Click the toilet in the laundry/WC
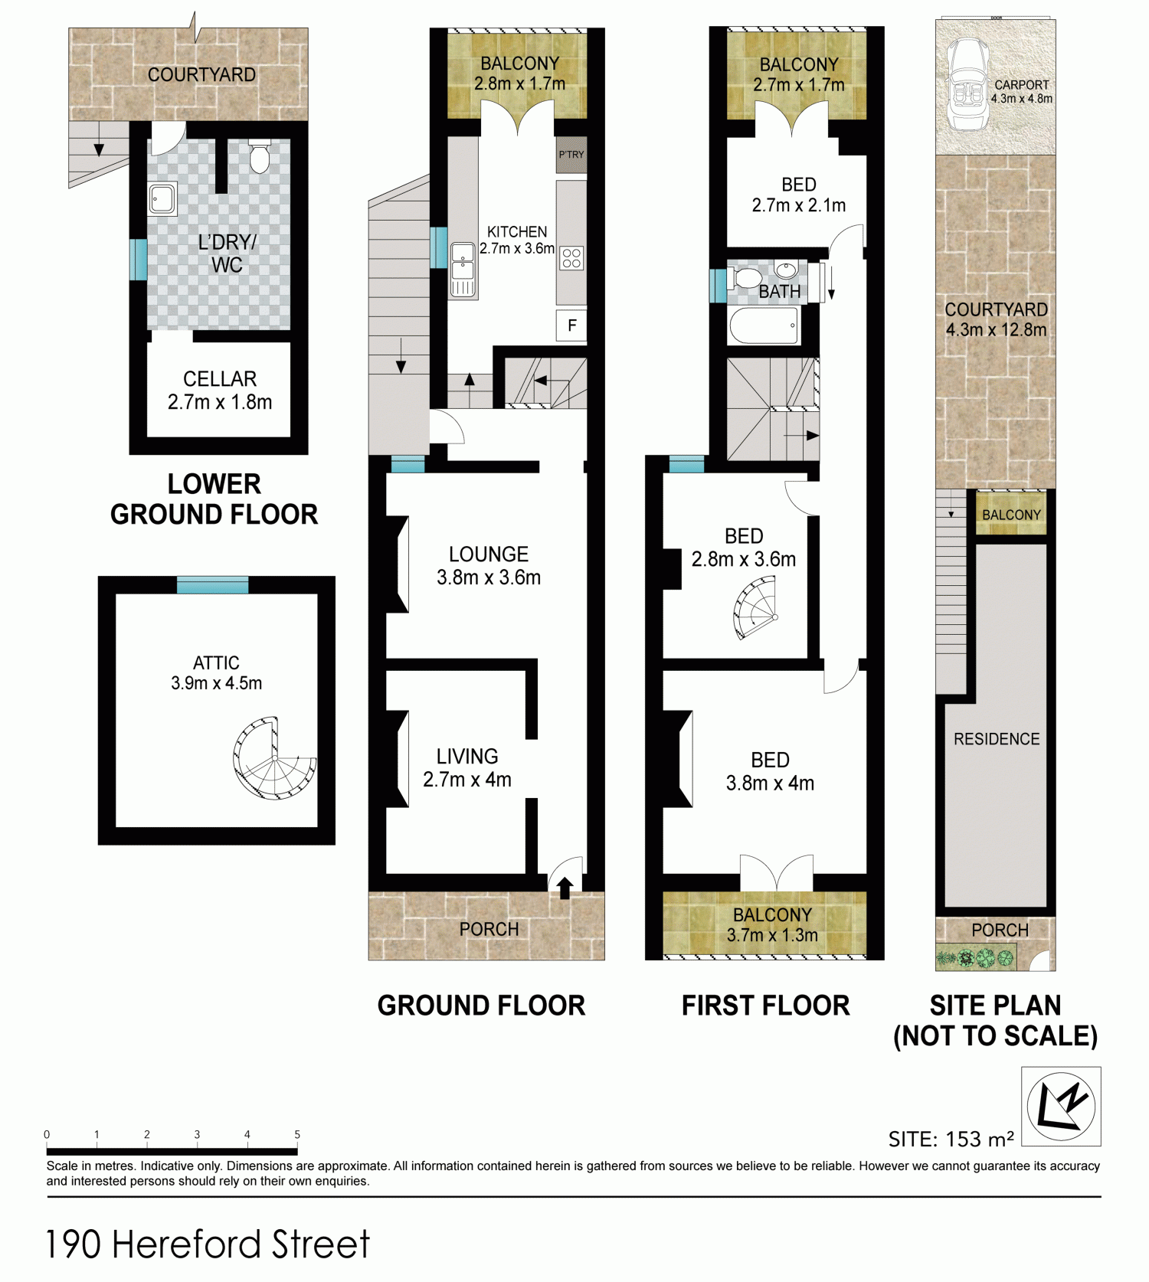click(x=260, y=156)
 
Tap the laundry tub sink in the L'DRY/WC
click(x=162, y=199)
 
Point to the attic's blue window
click(x=212, y=585)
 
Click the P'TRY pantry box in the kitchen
click(x=571, y=155)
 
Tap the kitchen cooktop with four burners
click(x=571, y=258)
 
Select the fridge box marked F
click(x=571, y=325)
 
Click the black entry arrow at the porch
click(x=565, y=888)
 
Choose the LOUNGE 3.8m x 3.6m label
click(x=489, y=566)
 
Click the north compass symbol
click(x=1061, y=1106)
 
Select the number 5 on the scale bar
click(x=297, y=1134)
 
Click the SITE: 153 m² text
click(x=951, y=1139)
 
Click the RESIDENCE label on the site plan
click(x=997, y=739)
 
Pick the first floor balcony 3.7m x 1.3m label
click(x=772, y=925)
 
